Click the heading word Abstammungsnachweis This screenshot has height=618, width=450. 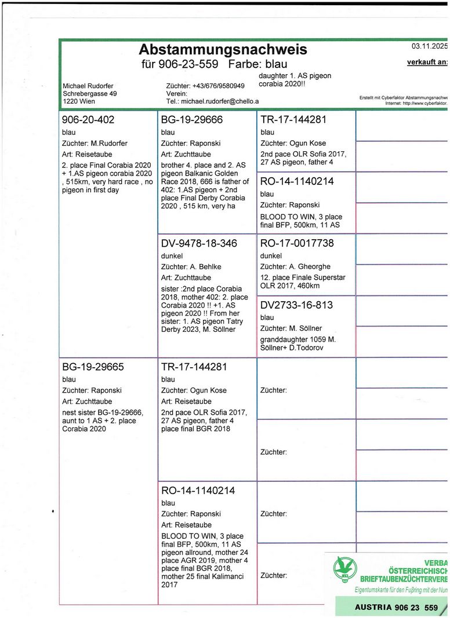[x=223, y=49]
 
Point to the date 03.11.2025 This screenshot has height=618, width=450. [x=429, y=46]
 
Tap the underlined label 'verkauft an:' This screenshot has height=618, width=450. [x=427, y=62]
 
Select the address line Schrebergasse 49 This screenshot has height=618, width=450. [x=89, y=93]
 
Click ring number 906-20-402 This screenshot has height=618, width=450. [x=88, y=120]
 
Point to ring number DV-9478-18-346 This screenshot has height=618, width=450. [x=199, y=243]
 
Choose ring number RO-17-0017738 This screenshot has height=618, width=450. [x=297, y=243]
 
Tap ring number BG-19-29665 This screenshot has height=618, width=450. [x=92, y=367]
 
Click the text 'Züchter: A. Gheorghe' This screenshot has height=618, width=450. [x=294, y=266]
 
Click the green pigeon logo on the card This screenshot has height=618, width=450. [x=342, y=571]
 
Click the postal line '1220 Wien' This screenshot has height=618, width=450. [x=79, y=101]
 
